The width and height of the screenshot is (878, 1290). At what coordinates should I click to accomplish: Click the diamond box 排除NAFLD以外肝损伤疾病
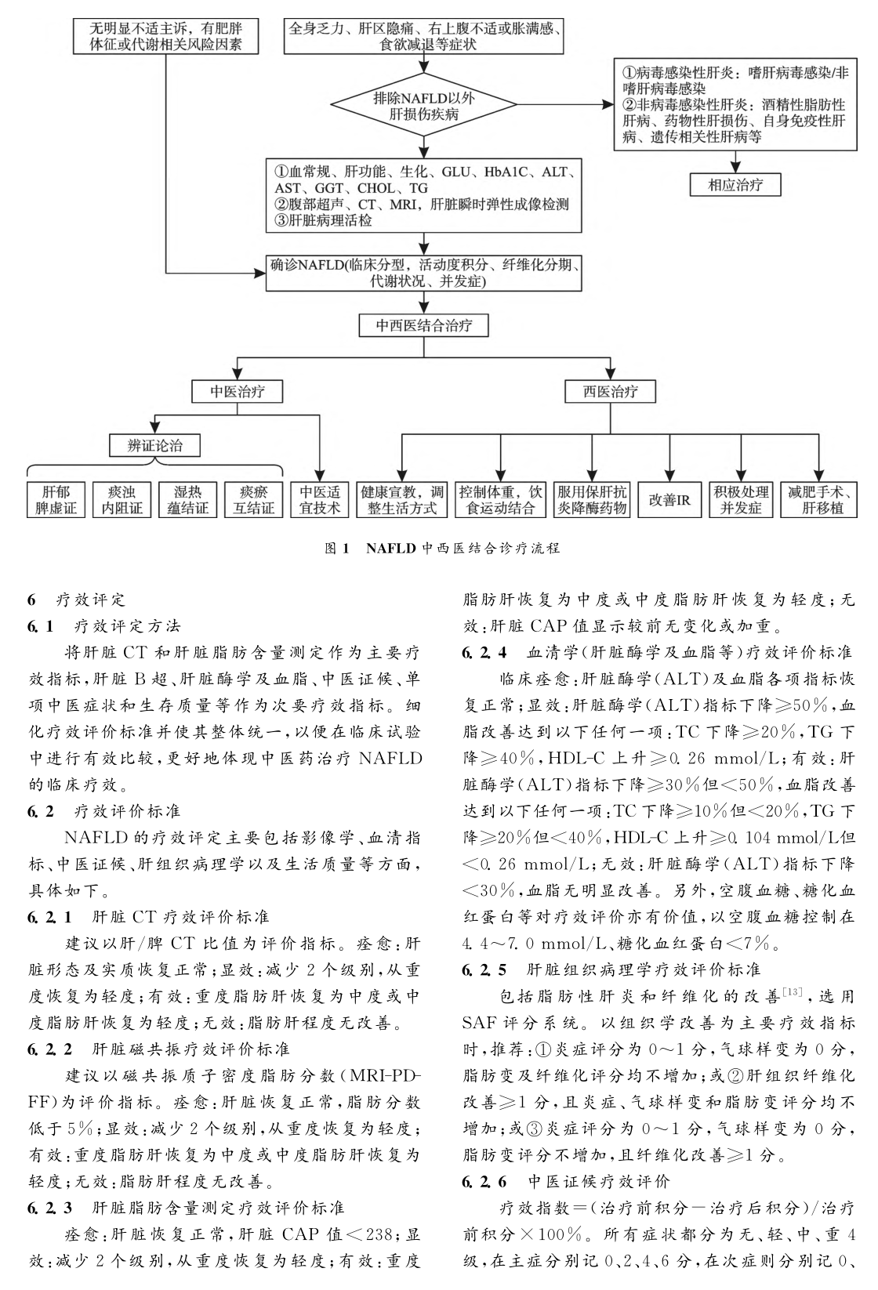tap(424, 104)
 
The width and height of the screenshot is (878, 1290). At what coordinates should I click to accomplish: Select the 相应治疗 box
tap(735, 185)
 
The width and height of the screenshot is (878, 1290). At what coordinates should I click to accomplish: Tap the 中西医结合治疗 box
tap(424, 325)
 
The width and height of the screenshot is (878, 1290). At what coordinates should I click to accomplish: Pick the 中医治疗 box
tap(238, 391)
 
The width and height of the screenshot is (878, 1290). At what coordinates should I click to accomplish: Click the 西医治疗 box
tap(611, 391)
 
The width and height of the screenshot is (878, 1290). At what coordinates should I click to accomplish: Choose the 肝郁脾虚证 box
tap(57, 499)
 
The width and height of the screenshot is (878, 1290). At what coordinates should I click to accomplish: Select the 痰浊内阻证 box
tap(123, 499)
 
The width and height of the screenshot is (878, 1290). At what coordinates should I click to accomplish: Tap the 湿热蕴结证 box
tap(188, 499)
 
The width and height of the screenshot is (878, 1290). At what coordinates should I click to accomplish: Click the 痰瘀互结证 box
tap(254, 499)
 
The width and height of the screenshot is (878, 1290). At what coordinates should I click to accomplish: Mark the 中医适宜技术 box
tap(320, 499)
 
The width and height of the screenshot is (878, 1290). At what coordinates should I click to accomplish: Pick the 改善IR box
tap(669, 499)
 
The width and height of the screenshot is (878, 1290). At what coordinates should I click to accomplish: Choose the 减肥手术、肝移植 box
tap(821, 499)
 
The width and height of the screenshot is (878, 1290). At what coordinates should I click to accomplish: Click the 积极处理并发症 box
tap(741, 499)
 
